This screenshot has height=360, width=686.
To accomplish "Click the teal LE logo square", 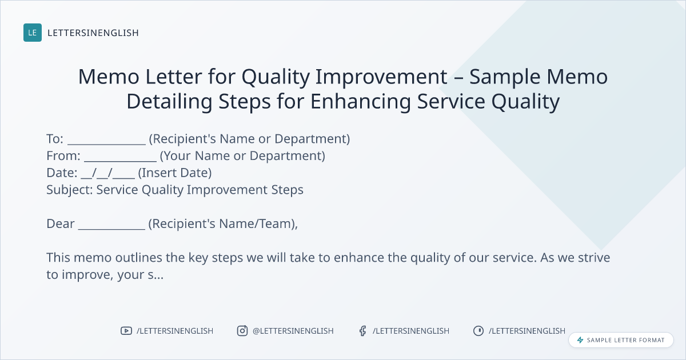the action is pos(33,33).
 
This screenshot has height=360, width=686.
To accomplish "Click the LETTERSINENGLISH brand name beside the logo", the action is pos(93,33).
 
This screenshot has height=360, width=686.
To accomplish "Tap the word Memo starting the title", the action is pos(109,77).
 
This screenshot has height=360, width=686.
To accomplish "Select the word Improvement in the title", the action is pos(381,77).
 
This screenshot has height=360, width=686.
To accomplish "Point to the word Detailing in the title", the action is pos(169,101).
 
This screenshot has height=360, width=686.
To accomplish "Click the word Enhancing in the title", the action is pos(361,101).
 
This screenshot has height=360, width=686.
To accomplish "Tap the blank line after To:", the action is pos(106,143).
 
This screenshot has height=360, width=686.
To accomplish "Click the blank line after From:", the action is pos(120,161).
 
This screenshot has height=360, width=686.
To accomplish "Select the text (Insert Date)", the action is pos(174,173).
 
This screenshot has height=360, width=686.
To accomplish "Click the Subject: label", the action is pos(70,190).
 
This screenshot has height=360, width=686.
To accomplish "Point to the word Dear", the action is pos(61,224).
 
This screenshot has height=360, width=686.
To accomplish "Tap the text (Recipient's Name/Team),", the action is pos(223,224).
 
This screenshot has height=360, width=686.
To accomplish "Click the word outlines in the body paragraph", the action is pos(138,258).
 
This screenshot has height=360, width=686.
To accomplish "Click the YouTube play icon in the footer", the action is pos(126,331).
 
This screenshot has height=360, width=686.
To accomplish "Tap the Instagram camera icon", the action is pos(242,331).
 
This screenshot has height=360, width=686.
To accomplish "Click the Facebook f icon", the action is pos(362,331).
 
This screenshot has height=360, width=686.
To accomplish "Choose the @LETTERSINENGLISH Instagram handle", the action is pos(293,331).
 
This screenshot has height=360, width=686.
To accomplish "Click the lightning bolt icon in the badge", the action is pos(580,340).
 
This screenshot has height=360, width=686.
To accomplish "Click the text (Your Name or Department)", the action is pos(242,156).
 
